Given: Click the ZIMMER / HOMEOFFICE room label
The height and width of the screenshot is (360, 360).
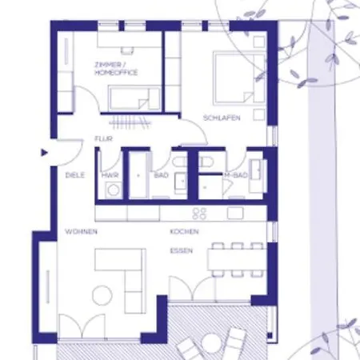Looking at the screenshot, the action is coord(116,69).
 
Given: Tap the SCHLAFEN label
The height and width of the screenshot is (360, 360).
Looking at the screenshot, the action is coord(222,118).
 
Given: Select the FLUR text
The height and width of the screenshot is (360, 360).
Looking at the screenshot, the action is coord(103,138).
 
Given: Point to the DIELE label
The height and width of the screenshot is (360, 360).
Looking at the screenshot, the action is coord(75,175).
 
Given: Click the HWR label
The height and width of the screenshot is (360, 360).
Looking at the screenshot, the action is coord(110,175).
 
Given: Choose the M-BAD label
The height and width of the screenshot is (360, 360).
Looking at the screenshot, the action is coord(236,175).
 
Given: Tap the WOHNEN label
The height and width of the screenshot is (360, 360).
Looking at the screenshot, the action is coord(81,231).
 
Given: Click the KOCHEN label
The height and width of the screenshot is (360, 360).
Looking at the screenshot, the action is coord(184,231).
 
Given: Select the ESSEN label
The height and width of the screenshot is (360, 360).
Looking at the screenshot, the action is coord(182,251).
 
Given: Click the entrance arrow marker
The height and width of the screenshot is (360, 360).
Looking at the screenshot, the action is coord(44,153).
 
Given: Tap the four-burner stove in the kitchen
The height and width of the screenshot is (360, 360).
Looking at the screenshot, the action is coord(199,214).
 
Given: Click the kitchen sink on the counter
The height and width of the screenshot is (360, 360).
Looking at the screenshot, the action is coord(235,213).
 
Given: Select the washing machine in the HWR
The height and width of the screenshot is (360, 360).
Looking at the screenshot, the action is coord(114,190).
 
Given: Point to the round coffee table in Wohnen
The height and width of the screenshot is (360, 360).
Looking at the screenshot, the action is coord(102,295).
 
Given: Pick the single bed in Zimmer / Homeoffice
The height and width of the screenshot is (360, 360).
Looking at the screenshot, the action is coord(134,98).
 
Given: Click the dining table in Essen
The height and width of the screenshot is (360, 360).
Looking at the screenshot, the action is coord(237,259).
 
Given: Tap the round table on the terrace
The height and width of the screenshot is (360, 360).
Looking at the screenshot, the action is coord(211,342).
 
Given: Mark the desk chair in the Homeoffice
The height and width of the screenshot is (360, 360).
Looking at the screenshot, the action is coord(127,50).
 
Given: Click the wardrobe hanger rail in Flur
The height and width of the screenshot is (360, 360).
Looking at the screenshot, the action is coord(130,122).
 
